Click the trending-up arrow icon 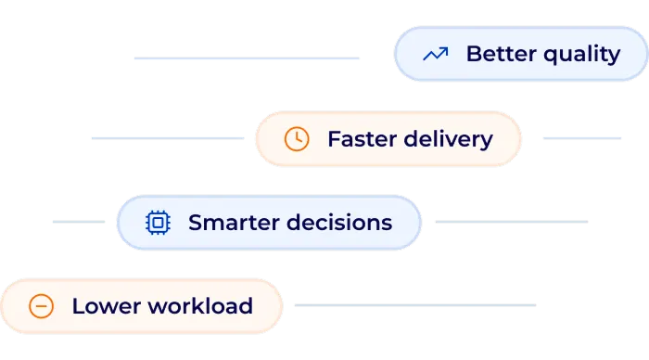436,54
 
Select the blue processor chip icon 158,223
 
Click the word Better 502,54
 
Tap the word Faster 363,139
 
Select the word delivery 449,140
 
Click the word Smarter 234,223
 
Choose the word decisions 339,222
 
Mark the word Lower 107,306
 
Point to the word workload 200,306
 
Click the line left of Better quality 247,58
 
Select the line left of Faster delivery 168,138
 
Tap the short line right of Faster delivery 582,138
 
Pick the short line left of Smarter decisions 79,222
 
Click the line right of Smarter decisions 512,222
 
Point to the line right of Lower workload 415,305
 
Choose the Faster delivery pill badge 388,139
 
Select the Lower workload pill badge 142,306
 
